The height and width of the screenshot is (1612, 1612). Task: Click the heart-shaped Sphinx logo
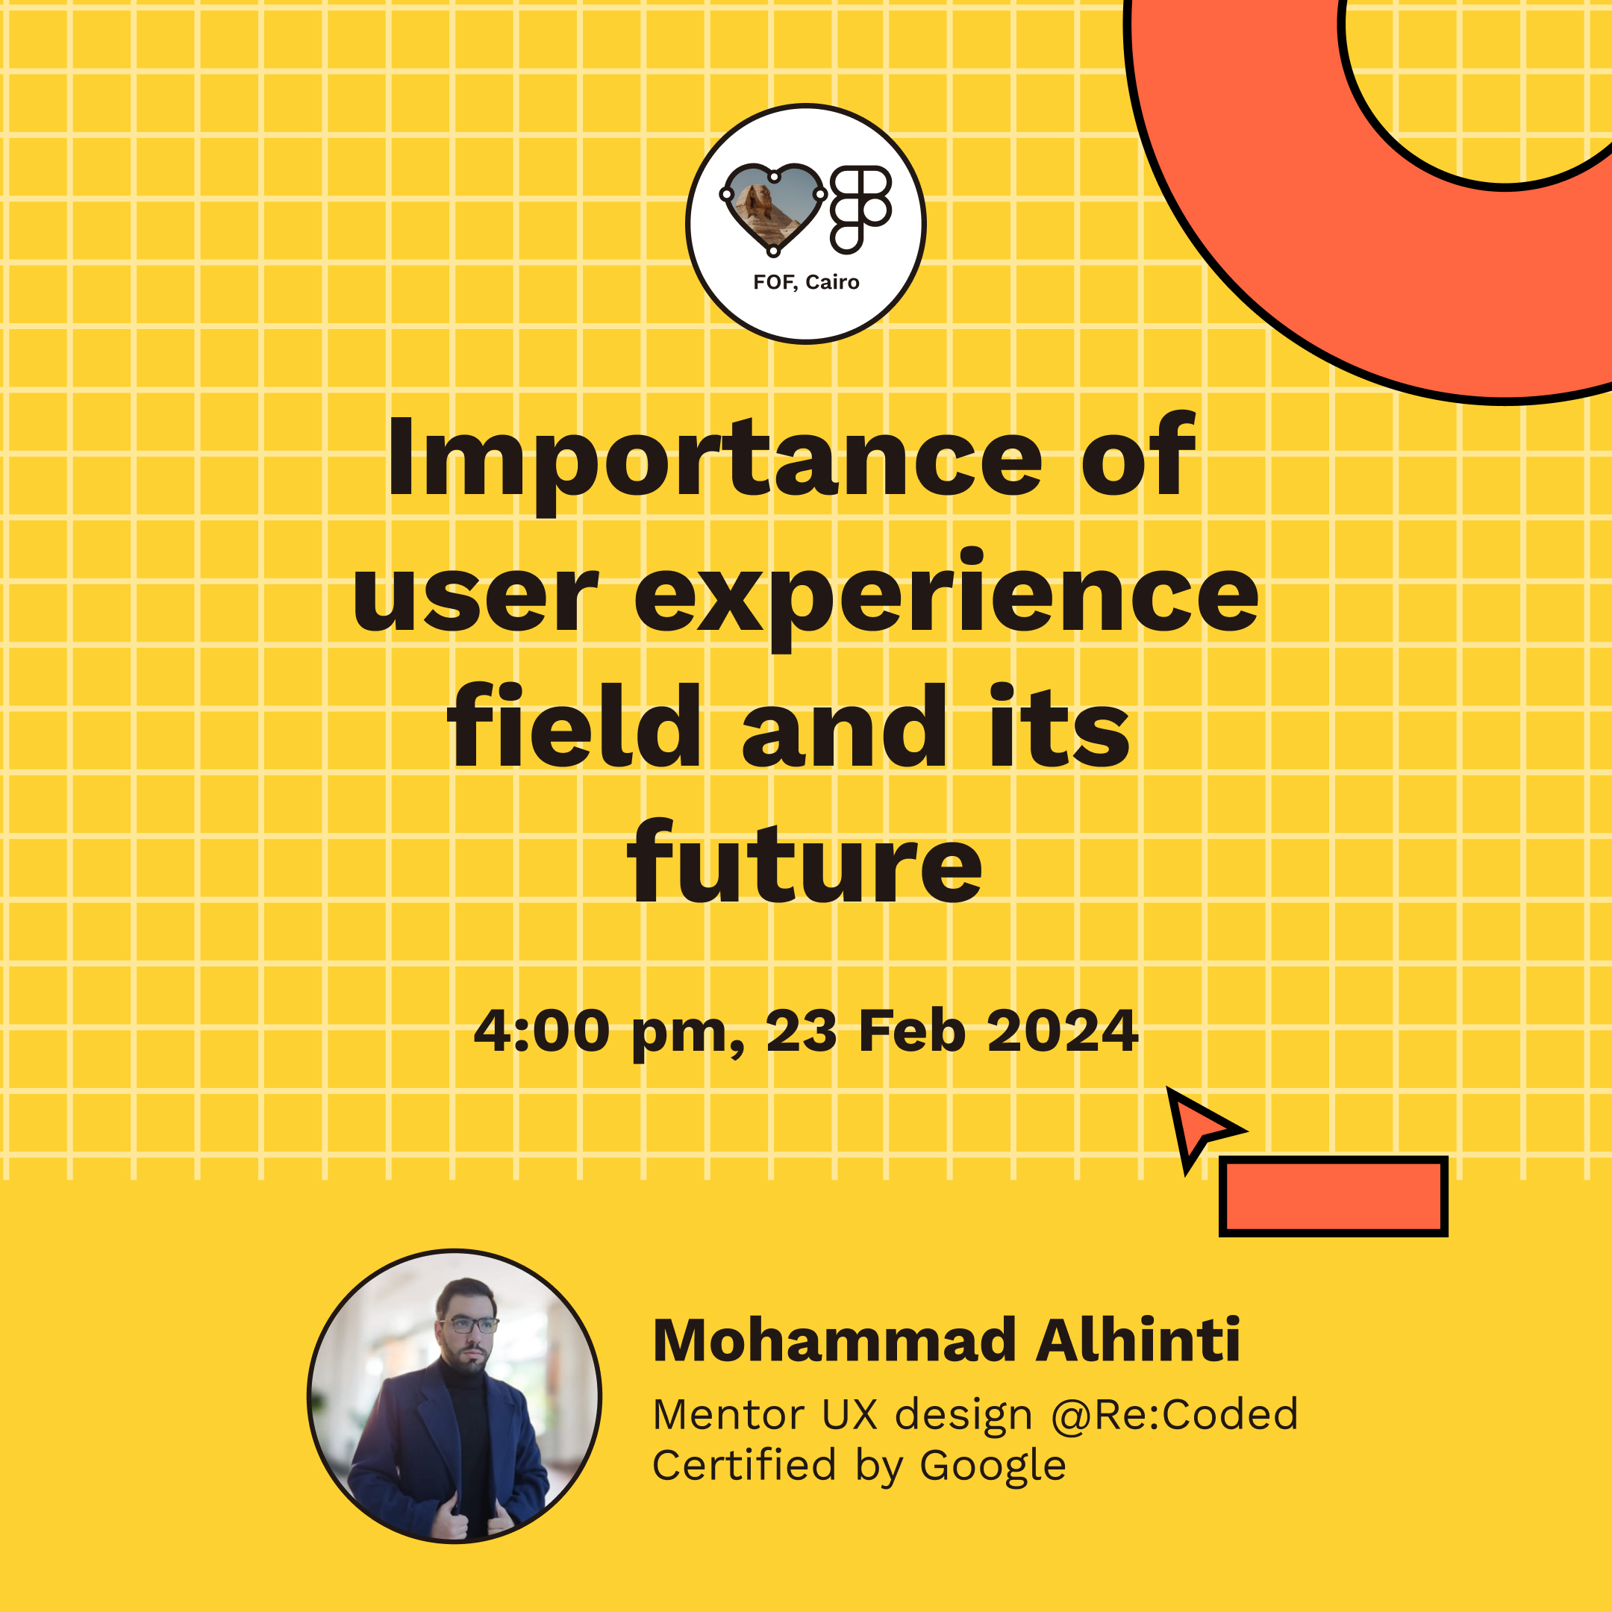(x=772, y=207)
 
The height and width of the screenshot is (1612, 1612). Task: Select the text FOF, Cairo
(x=806, y=282)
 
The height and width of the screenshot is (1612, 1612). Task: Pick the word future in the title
(x=805, y=864)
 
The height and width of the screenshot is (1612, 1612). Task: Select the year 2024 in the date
(x=1062, y=1031)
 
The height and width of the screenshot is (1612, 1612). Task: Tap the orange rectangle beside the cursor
(x=1332, y=1196)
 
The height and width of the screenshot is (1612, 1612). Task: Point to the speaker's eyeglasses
(x=467, y=1324)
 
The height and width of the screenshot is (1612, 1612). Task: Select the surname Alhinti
(x=1138, y=1341)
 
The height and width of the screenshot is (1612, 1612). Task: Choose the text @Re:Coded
(x=1174, y=1414)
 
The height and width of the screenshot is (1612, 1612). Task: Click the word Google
(x=992, y=1466)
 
